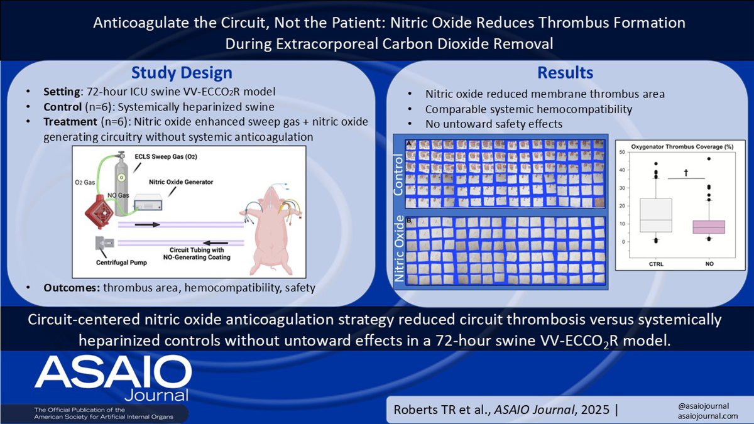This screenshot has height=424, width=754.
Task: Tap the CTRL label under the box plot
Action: [x=655, y=264]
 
